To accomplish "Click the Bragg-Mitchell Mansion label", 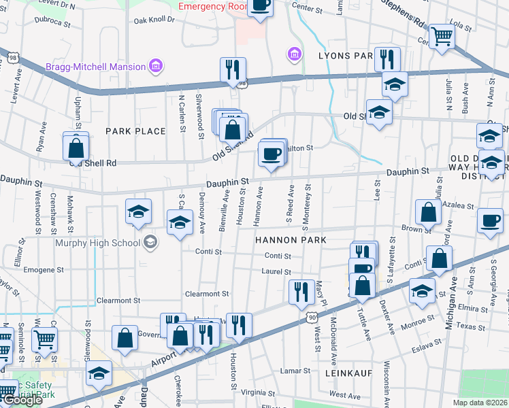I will (x=95, y=67).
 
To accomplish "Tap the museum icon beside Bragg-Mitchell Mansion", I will (x=156, y=66).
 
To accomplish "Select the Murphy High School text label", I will (x=95, y=241).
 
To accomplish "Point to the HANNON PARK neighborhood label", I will (x=291, y=240).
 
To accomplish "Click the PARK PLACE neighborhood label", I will (x=135, y=131).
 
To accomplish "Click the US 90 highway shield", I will (x=311, y=317).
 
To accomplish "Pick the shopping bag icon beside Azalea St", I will (x=427, y=212).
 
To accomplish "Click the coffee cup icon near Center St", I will (x=260, y=5).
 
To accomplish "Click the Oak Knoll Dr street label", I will (x=154, y=20).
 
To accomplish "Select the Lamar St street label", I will (x=295, y=371).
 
